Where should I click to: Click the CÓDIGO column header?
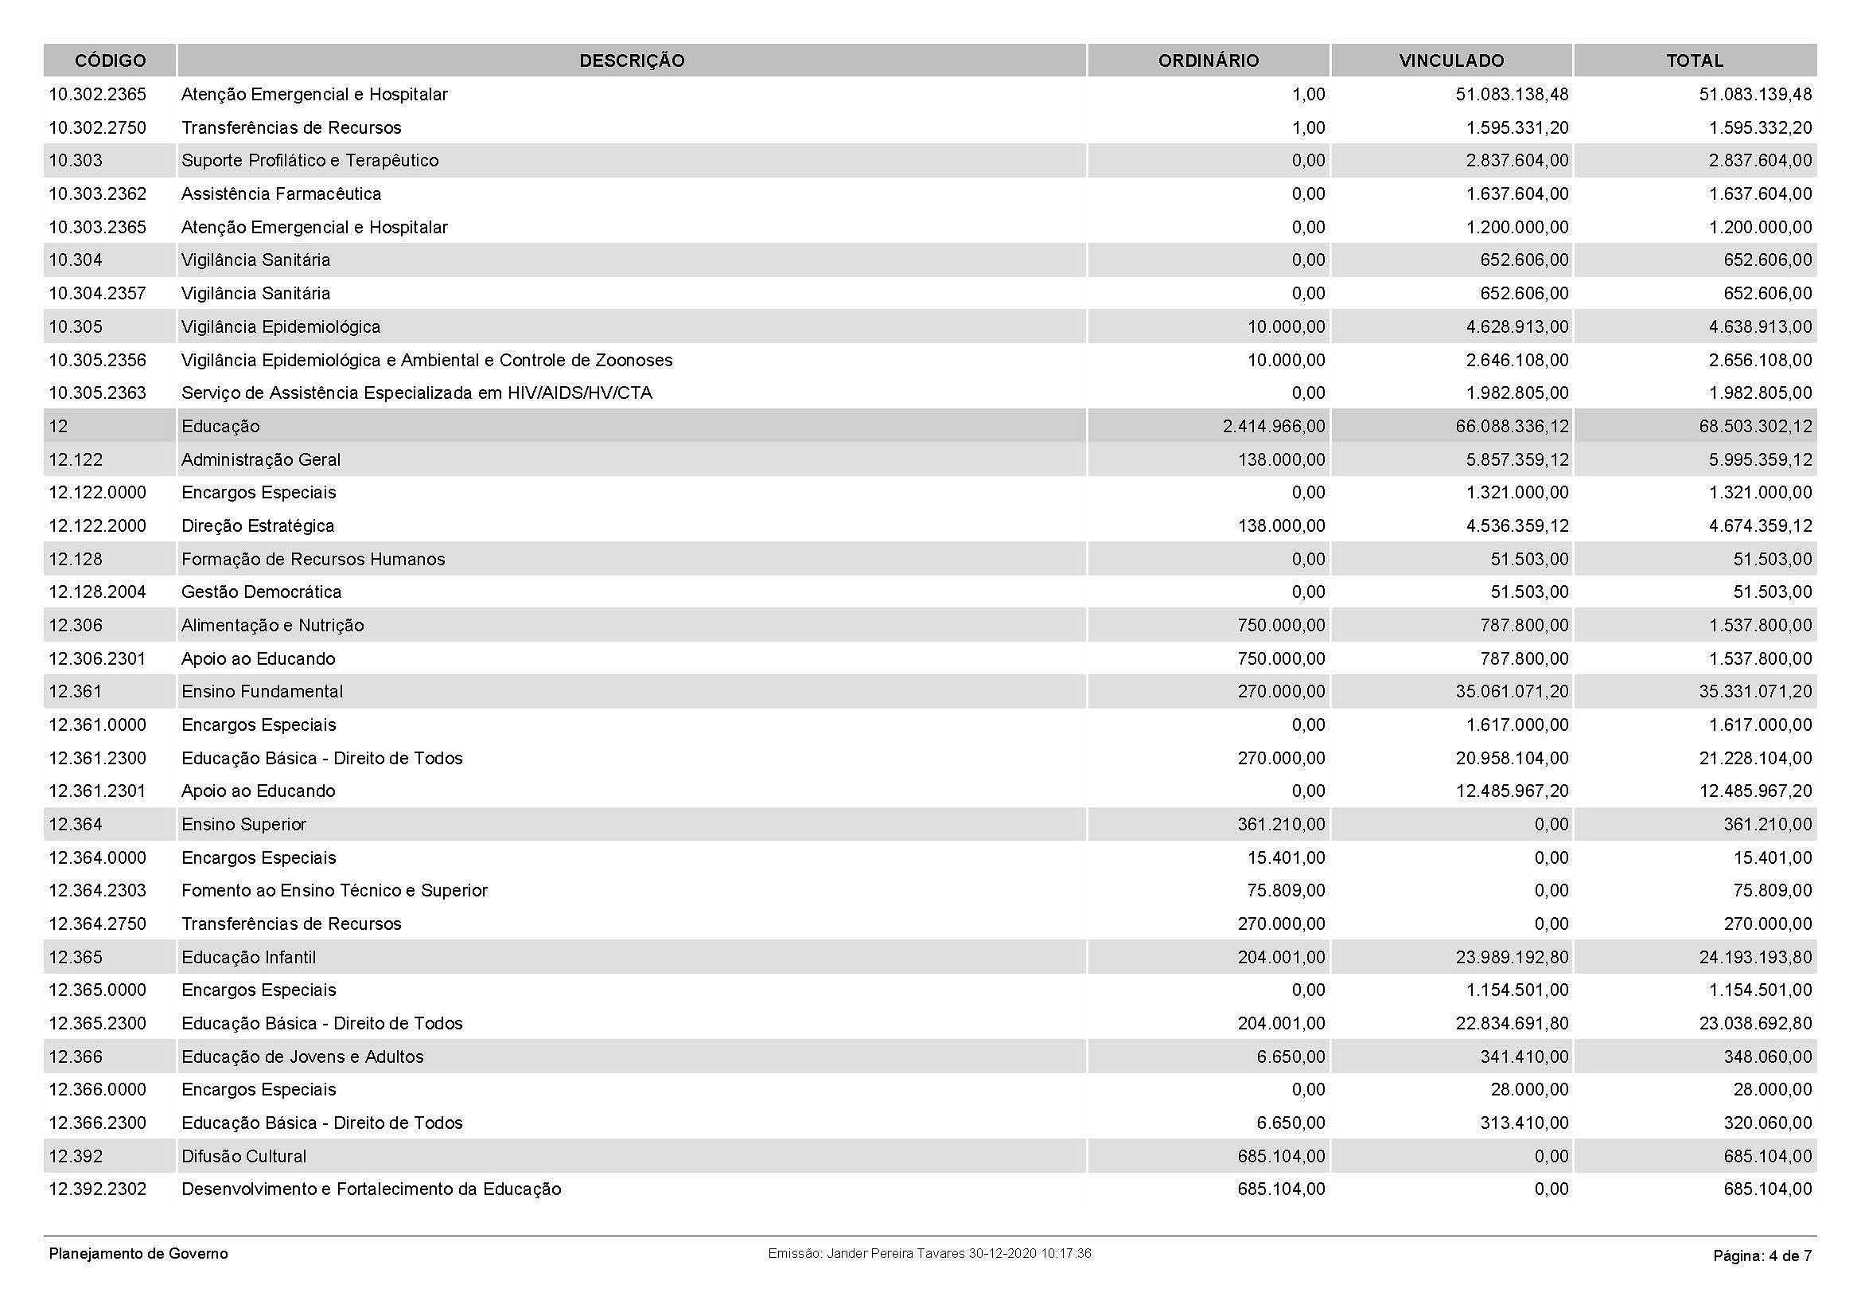tap(111, 61)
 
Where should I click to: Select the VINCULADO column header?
tap(1451, 61)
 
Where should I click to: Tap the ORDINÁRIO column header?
tap(1208, 61)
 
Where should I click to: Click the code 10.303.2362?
tap(97, 193)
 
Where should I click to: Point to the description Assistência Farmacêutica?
tap(280, 193)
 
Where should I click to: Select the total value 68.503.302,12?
tap(1755, 427)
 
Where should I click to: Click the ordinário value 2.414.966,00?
tap(1273, 427)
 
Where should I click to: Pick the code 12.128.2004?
tap(97, 592)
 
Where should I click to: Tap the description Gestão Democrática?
tap(261, 592)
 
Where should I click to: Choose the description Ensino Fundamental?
tap(262, 692)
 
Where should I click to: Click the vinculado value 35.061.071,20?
tap(1512, 692)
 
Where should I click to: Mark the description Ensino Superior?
tap(244, 825)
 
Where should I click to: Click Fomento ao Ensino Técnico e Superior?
tap(334, 890)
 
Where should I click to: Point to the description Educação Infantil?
tap(248, 958)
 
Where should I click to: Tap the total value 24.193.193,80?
tap(1755, 958)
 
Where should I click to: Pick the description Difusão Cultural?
tap(244, 1156)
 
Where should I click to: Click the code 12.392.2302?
tap(97, 1189)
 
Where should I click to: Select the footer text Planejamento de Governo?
tap(138, 1254)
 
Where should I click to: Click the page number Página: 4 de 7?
tap(1762, 1256)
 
